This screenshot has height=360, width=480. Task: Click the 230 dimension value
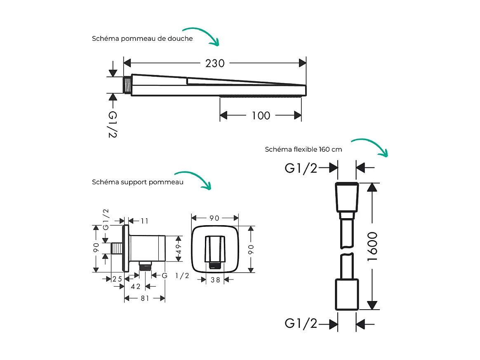(215, 63)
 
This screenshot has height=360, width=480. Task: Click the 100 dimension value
(261, 115)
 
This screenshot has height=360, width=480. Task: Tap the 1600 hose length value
(372, 246)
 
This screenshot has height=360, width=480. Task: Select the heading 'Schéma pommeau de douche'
(142, 39)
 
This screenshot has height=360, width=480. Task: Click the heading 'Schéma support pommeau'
(137, 182)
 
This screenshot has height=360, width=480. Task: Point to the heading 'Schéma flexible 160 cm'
(303, 149)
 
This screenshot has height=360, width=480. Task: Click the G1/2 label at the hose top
(301, 168)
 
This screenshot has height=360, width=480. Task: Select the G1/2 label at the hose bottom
(301, 324)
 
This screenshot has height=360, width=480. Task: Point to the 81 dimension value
(145, 298)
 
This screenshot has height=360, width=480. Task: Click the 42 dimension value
(135, 287)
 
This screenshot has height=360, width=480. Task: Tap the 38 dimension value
(215, 280)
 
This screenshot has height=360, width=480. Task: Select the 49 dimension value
(179, 249)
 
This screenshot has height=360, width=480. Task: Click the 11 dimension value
(144, 221)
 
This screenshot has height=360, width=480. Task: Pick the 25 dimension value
(118, 279)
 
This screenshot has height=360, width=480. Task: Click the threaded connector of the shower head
(127, 85)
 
